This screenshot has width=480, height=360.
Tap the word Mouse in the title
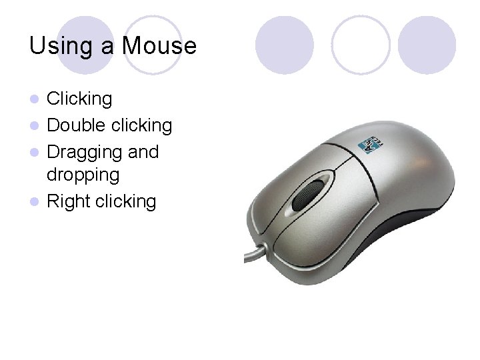[159, 46]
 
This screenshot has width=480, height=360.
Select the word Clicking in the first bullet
[79, 99]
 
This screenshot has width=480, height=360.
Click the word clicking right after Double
[142, 125]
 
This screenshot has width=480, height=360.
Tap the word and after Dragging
[143, 152]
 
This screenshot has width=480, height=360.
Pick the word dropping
[83, 175]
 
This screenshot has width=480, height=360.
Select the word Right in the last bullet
[69, 201]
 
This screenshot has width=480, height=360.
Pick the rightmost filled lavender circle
[427, 45]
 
